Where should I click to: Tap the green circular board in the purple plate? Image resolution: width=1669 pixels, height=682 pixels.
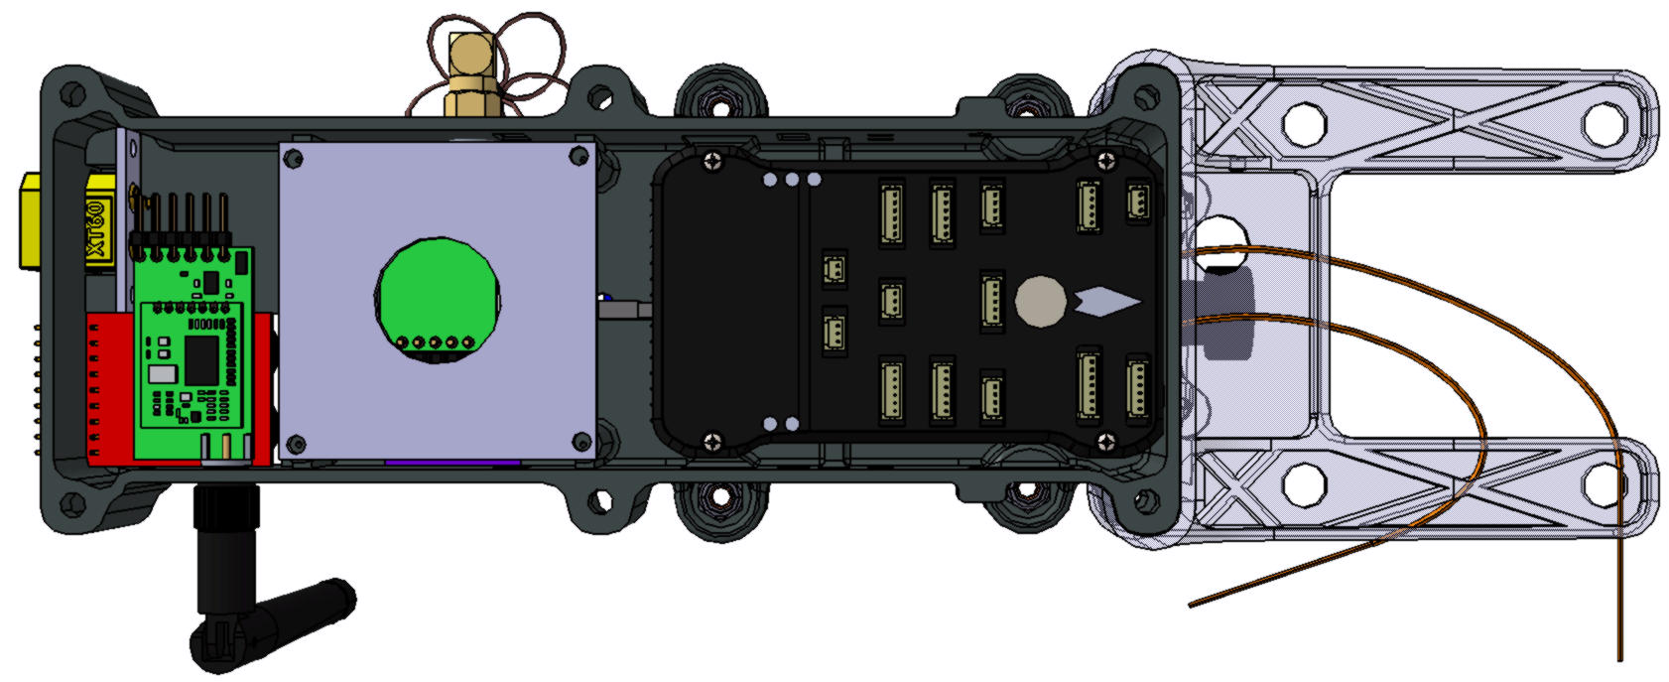tap(438, 301)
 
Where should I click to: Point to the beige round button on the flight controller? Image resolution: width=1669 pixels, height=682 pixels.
tap(1041, 301)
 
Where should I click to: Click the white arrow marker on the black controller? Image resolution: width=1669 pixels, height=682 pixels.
tap(1107, 302)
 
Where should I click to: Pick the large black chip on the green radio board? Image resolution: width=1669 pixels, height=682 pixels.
tap(201, 359)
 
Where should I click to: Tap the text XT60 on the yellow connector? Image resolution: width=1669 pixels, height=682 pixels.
tap(99, 229)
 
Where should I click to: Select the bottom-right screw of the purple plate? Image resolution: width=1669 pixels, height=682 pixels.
tap(581, 441)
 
